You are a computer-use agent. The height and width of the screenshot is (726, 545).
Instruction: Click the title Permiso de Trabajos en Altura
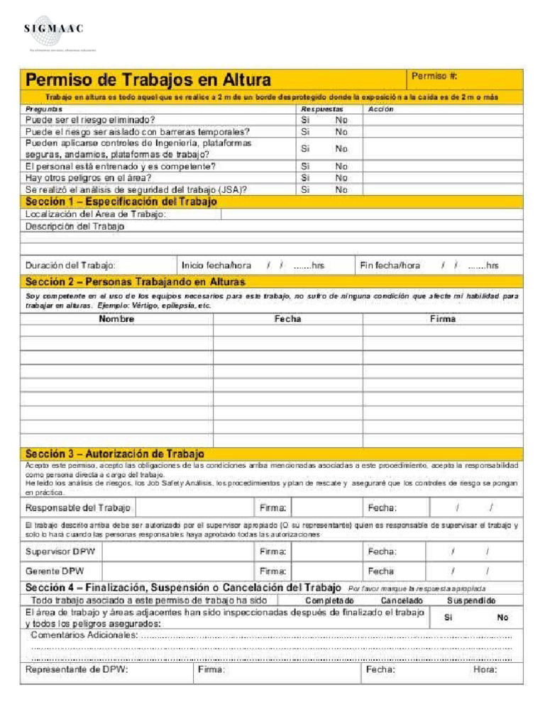(148, 79)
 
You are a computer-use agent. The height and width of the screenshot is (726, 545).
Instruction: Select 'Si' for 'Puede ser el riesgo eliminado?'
(305, 121)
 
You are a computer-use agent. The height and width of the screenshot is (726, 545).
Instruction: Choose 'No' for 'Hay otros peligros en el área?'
(341, 178)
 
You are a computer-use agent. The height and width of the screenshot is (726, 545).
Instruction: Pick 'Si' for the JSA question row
(305, 190)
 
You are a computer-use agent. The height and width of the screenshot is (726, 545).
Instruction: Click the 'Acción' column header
(381, 109)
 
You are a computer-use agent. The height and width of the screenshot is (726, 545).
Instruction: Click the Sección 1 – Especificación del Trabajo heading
(121, 202)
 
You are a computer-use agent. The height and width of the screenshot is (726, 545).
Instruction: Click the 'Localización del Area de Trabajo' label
(96, 214)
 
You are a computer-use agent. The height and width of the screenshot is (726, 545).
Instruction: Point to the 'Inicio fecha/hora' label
(216, 265)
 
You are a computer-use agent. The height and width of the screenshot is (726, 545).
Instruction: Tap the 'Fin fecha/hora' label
(390, 265)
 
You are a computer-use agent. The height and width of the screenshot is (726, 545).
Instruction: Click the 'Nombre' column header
(116, 319)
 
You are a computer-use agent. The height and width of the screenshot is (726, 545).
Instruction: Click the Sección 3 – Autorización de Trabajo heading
(115, 453)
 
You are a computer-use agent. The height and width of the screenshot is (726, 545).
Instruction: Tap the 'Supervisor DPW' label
(54, 551)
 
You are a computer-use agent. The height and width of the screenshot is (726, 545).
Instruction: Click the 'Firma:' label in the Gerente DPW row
(273, 571)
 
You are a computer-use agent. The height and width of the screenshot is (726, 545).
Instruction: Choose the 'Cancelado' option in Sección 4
(402, 601)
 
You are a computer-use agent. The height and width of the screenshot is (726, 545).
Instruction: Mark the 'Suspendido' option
(471, 601)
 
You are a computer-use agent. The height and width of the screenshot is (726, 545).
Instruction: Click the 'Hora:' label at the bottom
(485, 669)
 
